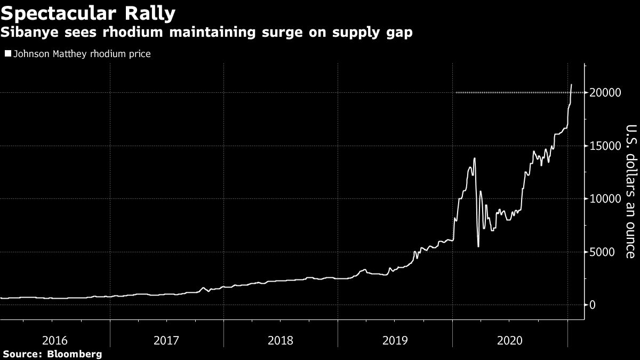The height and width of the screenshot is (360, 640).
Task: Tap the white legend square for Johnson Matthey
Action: [7, 54]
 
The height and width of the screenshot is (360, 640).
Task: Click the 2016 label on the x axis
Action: [54, 340]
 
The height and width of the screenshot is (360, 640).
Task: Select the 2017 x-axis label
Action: [166, 340]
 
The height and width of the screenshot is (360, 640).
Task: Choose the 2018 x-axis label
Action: [281, 340]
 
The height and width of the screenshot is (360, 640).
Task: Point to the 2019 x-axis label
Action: [395, 340]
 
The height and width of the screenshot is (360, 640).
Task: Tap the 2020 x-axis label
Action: [509, 340]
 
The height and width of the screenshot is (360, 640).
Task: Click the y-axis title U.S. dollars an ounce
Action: [630, 191]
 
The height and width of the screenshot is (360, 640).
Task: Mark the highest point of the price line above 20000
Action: [572, 84]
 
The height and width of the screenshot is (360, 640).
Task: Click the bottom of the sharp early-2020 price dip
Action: [478, 246]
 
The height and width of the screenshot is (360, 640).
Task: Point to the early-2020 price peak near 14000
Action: [474, 158]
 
